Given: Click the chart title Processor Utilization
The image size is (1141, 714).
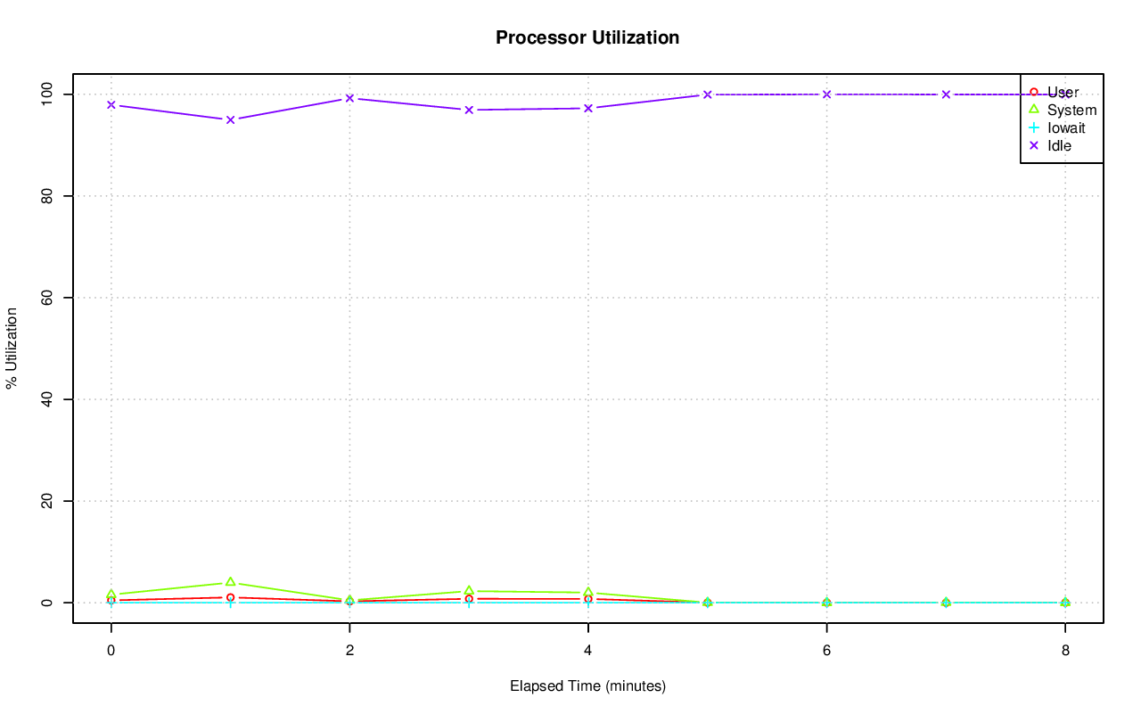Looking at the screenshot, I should (587, 38).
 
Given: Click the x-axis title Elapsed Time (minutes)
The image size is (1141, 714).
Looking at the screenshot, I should (587, 686).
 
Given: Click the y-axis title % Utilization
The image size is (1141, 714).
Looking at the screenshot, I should (12, 349).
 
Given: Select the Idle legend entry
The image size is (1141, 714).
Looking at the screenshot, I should (1059, 145).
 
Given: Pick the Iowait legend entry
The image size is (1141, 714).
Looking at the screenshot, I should (1065, 127).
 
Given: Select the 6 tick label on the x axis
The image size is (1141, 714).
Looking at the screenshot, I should (826, 651).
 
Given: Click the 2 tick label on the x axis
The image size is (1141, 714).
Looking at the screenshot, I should (349, 651).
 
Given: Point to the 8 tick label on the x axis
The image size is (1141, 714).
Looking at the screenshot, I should (1065, 651).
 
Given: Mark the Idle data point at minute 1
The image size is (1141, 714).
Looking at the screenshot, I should (230, 119).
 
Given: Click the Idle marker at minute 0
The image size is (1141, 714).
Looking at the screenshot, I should (111, 105).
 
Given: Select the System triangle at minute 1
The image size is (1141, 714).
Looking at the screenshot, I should (230, 582).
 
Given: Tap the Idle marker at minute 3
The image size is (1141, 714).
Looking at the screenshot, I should (469, 110).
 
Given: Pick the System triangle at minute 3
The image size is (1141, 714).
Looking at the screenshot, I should (469, 591).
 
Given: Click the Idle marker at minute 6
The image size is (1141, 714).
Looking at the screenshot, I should (826, 94).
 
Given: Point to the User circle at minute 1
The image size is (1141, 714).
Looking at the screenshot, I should (230, 597).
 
